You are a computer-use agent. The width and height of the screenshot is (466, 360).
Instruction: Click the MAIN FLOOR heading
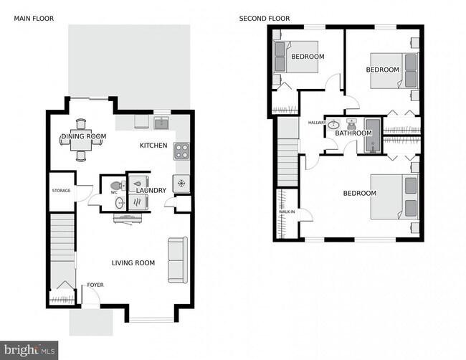[34, 18]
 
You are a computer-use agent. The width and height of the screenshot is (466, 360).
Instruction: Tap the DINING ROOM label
[83, 136]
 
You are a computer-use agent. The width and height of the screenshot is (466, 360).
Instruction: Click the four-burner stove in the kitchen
[182, 151]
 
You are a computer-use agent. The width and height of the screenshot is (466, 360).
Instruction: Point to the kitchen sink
[162, 123]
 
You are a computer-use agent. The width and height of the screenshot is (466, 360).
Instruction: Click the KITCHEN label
[153, 146]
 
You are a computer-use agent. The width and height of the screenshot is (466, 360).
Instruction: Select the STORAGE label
[61, 191]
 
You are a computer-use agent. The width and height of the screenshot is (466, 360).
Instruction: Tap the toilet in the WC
[118, 185]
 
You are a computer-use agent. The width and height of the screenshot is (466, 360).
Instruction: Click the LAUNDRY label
[152, 191]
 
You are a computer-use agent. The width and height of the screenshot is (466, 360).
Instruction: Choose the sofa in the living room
[176, 260]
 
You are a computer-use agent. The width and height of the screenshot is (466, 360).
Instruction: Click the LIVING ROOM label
[133, 263]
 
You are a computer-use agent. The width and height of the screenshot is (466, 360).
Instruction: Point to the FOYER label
[95, 285]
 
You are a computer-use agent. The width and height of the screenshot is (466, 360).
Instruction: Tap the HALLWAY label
[317, 123]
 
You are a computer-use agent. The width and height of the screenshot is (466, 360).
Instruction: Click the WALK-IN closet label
[285, 212]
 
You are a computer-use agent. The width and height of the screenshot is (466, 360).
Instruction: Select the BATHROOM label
[353, 133]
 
